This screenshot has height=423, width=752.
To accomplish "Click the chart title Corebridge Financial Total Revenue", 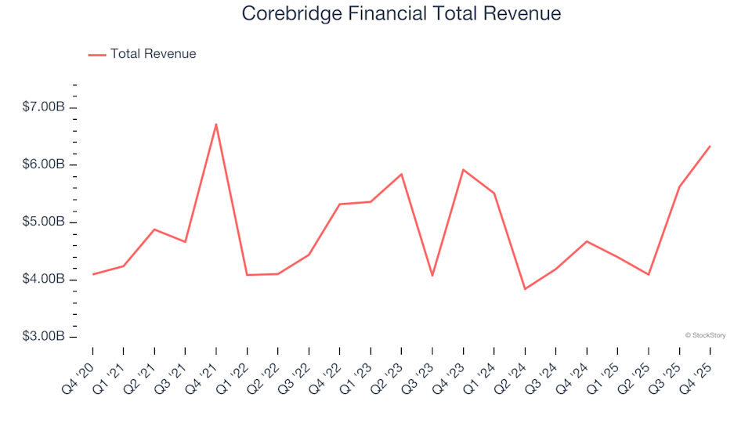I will click(x=401, y=14).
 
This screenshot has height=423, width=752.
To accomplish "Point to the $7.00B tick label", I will click(x=44, y=107).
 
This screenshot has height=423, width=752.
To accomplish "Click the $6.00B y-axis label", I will click(x=44, y=164).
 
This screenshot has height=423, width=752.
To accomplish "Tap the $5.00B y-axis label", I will click(x=44, y=222).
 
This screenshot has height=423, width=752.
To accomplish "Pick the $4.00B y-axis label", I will click(x=44, y=280).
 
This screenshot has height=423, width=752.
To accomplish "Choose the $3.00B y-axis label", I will click(x=44, y=337).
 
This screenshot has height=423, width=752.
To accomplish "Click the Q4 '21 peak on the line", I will click(x=216, y=124).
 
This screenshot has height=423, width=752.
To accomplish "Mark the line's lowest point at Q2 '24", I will click(x=525, y=289).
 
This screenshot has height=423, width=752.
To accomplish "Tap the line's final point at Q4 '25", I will click(x=710, y=146).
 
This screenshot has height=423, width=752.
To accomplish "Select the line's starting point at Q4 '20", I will click(x=93, y=274).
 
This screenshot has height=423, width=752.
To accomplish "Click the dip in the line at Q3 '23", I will click(x=432, y=276).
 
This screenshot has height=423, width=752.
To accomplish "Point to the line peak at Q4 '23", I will click(x=463, y=169).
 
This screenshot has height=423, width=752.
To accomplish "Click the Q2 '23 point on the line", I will click(x=401, y=174).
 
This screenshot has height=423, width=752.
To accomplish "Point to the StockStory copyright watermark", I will click(x=705, y=335).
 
